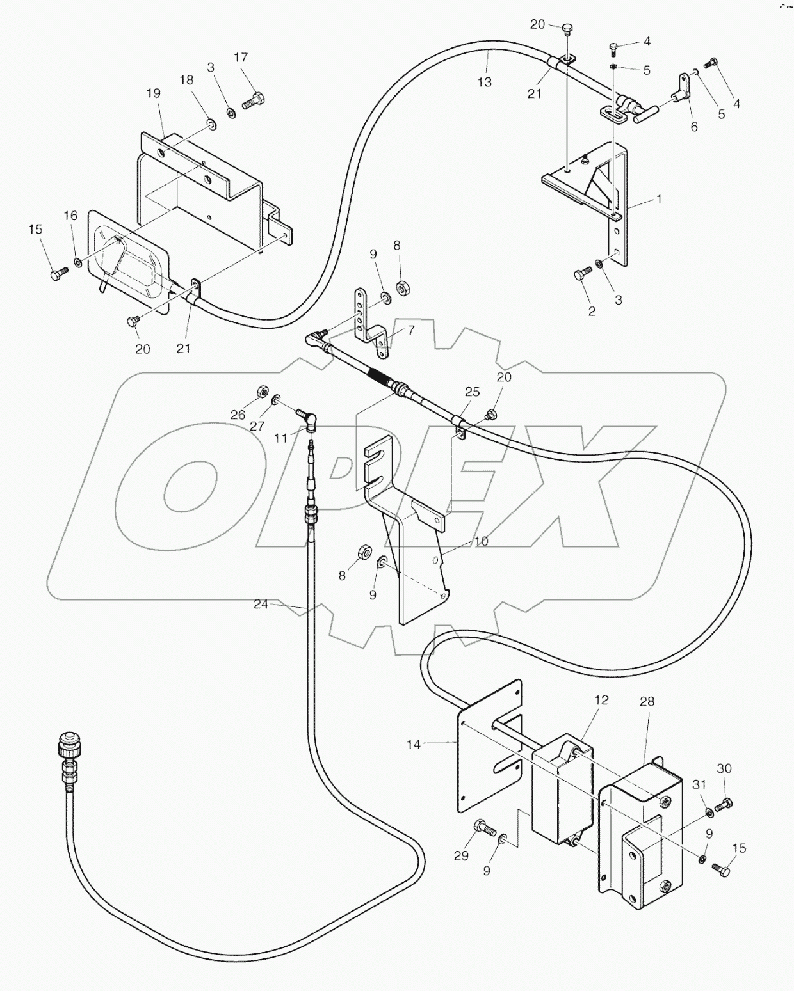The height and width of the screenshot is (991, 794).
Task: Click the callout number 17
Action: tap(240, 58)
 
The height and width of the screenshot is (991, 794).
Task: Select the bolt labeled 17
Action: tap(254, 100)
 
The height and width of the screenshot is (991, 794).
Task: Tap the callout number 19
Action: tap(153, 93)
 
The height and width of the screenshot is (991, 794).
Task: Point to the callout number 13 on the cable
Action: tap(485, 82)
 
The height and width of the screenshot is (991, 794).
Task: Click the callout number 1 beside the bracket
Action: tap(658, 199)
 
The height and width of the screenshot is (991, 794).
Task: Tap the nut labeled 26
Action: tap(261, 390)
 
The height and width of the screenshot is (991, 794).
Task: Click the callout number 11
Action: tap(281, 438)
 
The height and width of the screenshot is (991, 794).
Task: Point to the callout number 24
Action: tap(261, 604)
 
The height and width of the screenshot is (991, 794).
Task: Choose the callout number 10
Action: tap(481, 541)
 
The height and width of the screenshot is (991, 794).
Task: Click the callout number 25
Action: tap(472, 392)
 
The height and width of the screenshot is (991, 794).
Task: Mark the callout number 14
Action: tap(414, 744)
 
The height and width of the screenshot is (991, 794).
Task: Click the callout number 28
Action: tap(647, 701)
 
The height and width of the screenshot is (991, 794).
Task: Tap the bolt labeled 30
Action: tap(724, 804)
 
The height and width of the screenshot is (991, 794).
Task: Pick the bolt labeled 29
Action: tap(483, 828)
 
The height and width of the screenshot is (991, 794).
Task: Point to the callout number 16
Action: tap(71, 216)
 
